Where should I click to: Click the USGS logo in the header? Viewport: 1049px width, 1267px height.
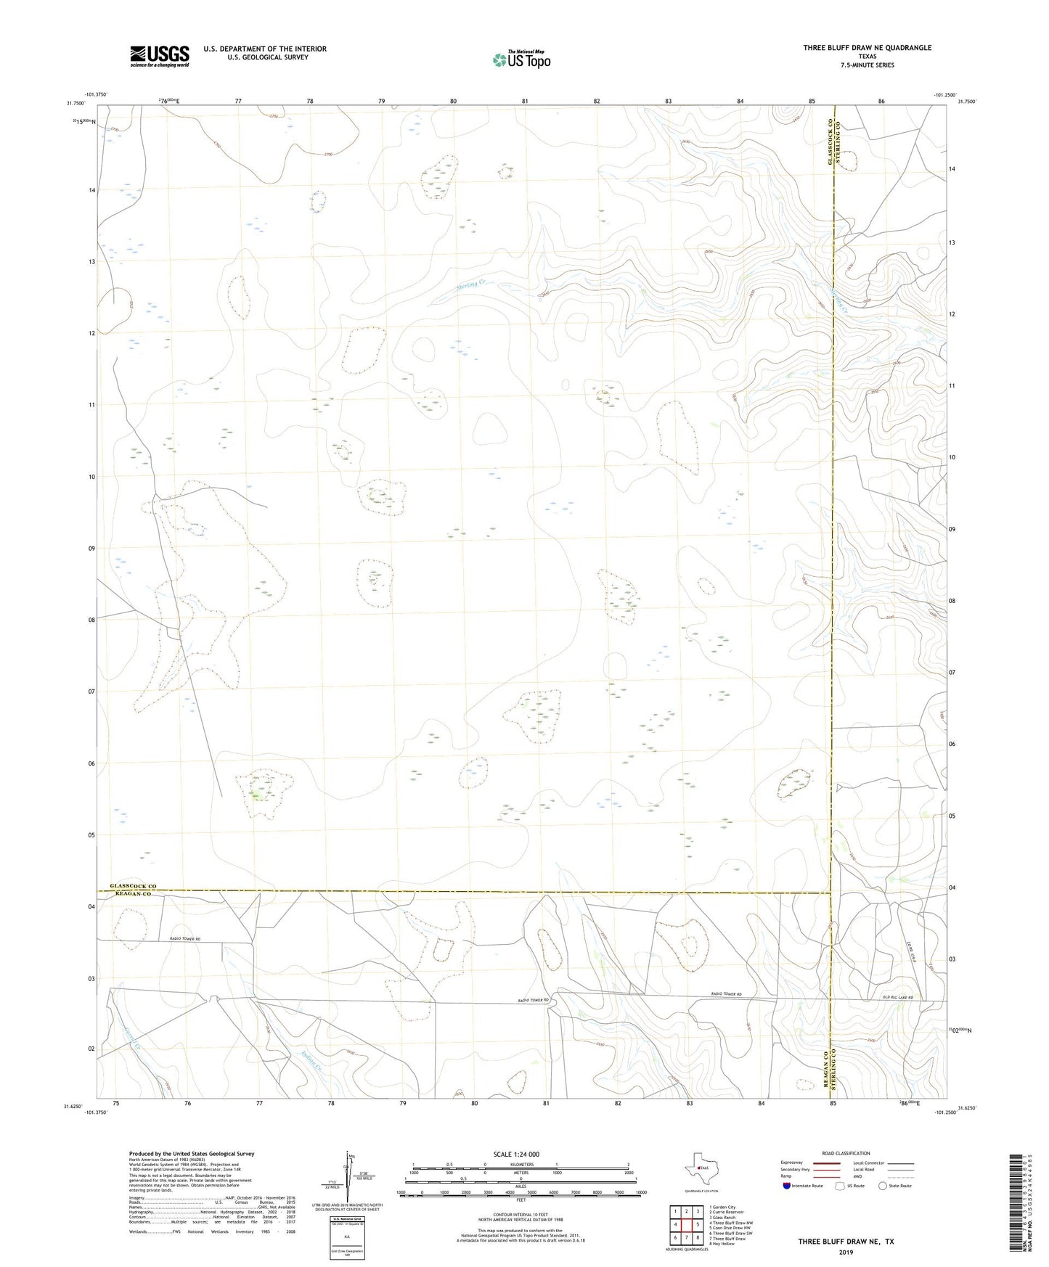[159, 55]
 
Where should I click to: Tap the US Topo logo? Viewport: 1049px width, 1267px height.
[521, 60]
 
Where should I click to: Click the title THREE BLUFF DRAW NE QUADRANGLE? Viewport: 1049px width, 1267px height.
[867, 48]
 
